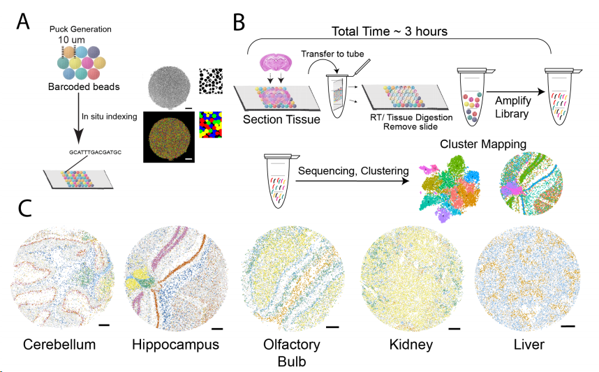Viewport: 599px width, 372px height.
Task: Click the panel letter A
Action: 23,20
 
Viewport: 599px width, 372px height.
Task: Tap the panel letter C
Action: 24,208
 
